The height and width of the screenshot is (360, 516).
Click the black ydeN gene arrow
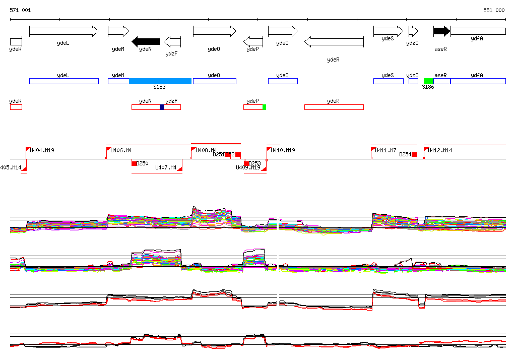[x=146, y=41]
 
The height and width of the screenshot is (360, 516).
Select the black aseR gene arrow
[x=441, y=31]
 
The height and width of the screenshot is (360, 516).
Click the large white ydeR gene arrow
[x=334, y=41]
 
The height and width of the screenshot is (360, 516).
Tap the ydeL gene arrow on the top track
[x=64, y=31]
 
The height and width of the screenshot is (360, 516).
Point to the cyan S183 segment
[x=160, y=81]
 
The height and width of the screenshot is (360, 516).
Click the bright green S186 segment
[x=428, y=81]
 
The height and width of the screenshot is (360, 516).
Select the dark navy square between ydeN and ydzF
[x=162, y=107]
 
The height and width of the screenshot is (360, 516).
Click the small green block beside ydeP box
[x=264, y=107]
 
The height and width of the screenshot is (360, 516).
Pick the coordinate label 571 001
[x=20, y=10]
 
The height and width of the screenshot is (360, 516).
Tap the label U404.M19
[x=42, y=150]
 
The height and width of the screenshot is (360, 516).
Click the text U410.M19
[x=283, y=150]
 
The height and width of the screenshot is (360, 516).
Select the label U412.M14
[x=440, y=150]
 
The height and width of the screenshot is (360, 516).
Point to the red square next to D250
[x=134, y=163]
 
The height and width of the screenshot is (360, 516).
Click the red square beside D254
[x=414, y=155]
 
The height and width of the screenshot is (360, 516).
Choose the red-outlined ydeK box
[x=16, y=107]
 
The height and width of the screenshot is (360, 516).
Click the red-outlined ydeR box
[x=334, y=107]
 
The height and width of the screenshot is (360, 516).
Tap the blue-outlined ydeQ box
[x=283, y=81]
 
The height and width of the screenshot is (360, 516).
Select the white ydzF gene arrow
[x=172, y=41]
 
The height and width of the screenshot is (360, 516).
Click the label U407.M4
[x=166, y=167]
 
